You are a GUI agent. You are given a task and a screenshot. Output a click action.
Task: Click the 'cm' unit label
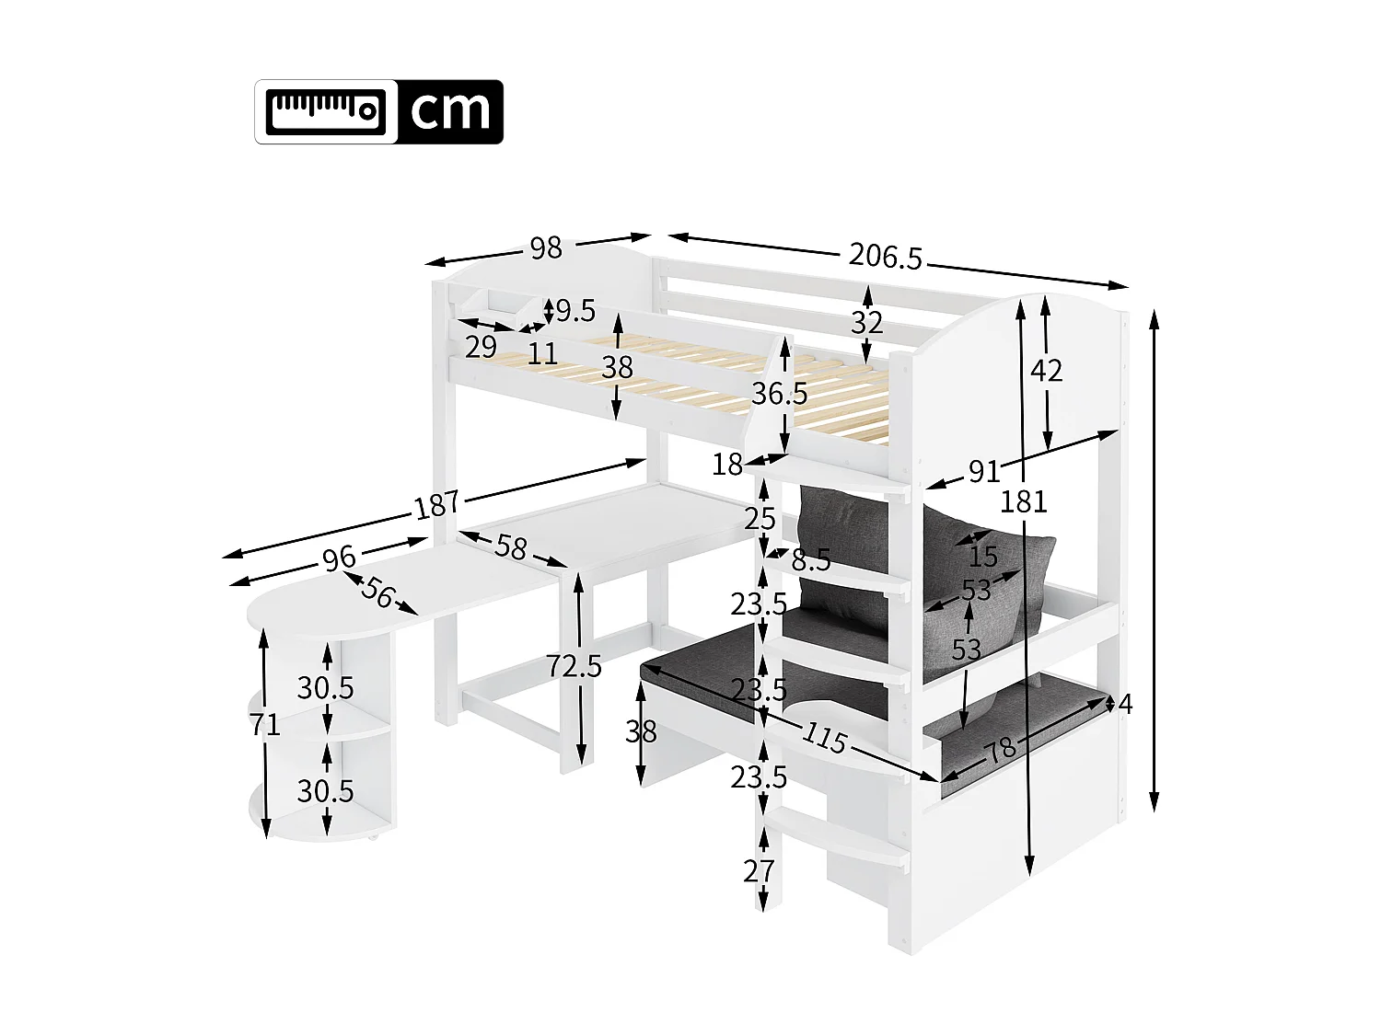(x=450, y=111)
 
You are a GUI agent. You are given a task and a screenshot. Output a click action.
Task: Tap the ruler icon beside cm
(x=326, y=111)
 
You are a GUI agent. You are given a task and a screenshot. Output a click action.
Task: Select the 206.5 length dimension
(x=885, y=256)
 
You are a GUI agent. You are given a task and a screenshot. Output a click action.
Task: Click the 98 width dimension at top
(x=545, y=248)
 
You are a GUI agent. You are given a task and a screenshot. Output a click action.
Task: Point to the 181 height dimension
(x=1024, y=501)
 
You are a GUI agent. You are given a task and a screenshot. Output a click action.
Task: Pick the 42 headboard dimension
(x=1046, y=371)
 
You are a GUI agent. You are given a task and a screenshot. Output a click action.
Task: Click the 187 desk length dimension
(x=436, y=504)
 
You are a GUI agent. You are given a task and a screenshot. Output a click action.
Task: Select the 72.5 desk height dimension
(x=574, y=665)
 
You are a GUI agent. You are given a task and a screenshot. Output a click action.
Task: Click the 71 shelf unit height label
(x=264, y=725)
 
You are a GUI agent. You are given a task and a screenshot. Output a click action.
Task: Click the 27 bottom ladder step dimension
(x=759, y=870)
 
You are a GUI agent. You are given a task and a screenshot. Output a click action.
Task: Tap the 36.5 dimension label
(x=779, y=394)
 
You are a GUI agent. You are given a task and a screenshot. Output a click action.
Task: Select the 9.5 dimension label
(x=574, y=311)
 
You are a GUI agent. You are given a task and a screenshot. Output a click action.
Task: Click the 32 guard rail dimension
(x=866, y=322)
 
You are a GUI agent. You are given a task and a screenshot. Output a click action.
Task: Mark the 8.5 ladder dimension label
(x=810, y=559)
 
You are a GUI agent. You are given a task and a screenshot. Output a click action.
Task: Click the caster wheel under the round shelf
(x=372, y=838)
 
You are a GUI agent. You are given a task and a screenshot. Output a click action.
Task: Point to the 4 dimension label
(x=1124, y=705)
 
